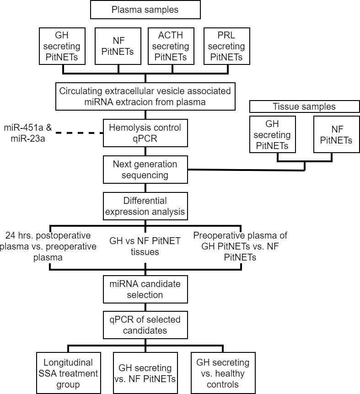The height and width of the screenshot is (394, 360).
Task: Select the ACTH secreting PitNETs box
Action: tap(171, 46)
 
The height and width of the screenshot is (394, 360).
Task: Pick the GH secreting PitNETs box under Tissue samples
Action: tap(272, 134)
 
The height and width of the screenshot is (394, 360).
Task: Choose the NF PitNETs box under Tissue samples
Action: tap(336, 134)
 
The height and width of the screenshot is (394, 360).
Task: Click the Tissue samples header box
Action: tap(304, 106)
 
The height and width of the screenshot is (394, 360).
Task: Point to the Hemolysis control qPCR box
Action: tap(145, 133)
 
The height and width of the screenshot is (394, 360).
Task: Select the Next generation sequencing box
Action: tap(145, 169)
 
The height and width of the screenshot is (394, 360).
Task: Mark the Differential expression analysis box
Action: tap(145, 206)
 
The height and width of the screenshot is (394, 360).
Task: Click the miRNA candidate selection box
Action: tap(145, 289)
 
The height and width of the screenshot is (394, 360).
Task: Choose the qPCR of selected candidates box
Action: tap(145, 325)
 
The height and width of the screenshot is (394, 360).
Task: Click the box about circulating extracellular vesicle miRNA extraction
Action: tap(145, 96)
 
